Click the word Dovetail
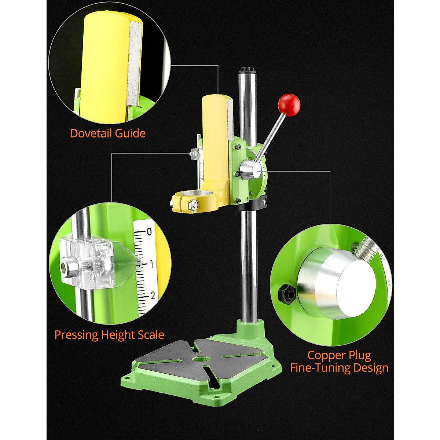[x=91, y=133]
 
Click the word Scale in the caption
[x=151, y=335]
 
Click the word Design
[x=371, y=368]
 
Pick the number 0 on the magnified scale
[x=149, y=232]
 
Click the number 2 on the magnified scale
[x=153, y=296]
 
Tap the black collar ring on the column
[x=253, y=204]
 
